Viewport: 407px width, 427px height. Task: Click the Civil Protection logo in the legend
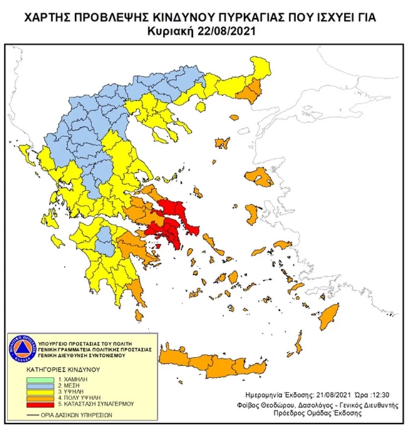click(x=18, y=347)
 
